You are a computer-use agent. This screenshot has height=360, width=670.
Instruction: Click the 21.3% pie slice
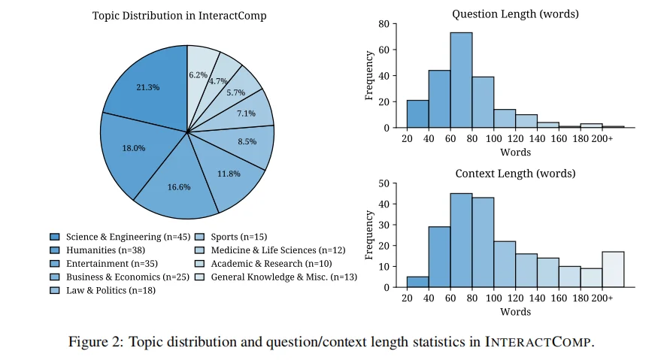[148, 87]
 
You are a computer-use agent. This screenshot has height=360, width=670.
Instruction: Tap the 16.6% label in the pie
[180, 186]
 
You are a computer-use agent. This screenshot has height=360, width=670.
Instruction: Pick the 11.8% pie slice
[228, 174]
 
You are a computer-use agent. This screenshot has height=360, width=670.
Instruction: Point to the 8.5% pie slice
[247, 141]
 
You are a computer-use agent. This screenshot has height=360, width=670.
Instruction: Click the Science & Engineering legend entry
[113, 237]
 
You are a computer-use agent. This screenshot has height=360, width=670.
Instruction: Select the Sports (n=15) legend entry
[233, 237]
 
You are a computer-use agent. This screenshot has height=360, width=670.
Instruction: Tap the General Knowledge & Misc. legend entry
[276, 277]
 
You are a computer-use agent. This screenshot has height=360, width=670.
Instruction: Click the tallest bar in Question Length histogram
[461, 80]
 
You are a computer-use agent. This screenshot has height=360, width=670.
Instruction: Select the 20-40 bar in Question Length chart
[417, 114]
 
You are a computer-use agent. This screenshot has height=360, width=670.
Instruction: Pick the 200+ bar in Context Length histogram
[613, 269]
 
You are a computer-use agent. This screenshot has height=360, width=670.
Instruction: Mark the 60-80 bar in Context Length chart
[461, 241]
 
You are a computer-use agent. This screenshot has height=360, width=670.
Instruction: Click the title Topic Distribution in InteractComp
[179, 16]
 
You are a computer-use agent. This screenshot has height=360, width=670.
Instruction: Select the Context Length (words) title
[515, 174]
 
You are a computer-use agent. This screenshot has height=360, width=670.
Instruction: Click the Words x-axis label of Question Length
[515, 153]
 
